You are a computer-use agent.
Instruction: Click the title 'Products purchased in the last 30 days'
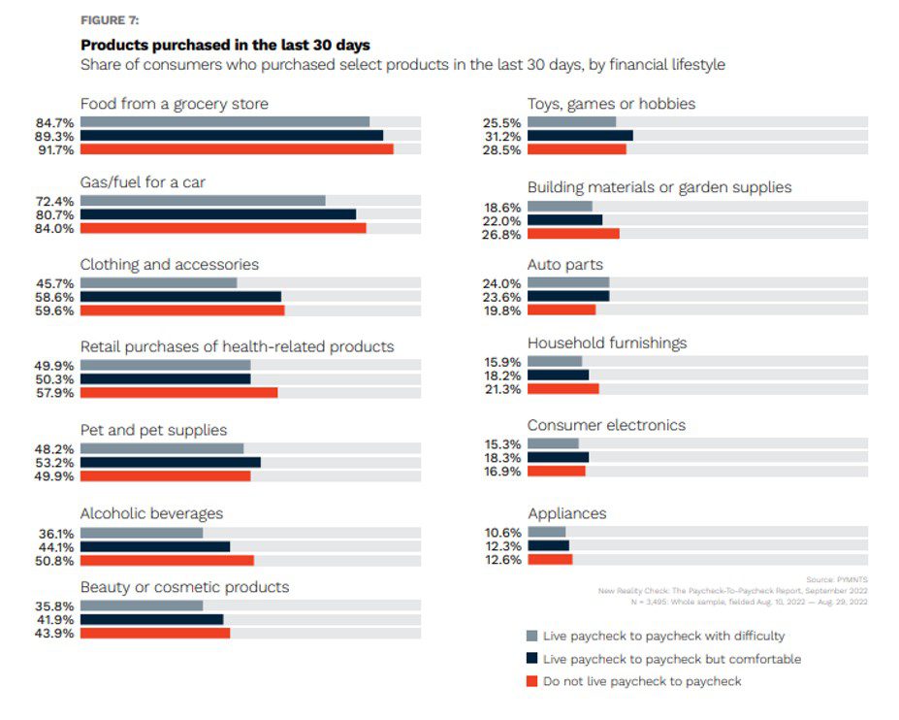pos(225,45)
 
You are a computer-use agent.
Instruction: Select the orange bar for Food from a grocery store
pos(237,149)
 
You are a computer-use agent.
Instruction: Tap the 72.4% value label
pos(55,200)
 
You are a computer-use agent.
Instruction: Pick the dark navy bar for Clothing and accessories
pos(180,297)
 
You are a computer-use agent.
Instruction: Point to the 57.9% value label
pos(55,393)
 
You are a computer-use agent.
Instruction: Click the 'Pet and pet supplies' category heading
pos(153,430)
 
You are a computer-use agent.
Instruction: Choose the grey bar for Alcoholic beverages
pos(142,533)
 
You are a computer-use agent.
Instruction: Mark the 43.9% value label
pos(55,634)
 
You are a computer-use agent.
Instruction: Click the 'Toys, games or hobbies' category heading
pos(611,104)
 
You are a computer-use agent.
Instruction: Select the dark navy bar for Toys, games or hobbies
pos(580,136)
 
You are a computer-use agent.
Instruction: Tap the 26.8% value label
pos(502,234)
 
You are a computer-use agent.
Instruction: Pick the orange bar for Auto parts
pos(562,311)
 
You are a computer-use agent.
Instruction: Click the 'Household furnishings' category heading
pos(607,343)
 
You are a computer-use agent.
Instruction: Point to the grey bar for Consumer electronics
pos(553,443)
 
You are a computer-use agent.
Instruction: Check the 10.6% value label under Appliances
pos(502,532)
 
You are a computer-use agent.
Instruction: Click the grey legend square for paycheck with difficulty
pos(530,637)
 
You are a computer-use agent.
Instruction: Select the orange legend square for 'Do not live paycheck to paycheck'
pos(530,681)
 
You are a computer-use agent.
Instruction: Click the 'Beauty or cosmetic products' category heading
pos(184,587)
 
